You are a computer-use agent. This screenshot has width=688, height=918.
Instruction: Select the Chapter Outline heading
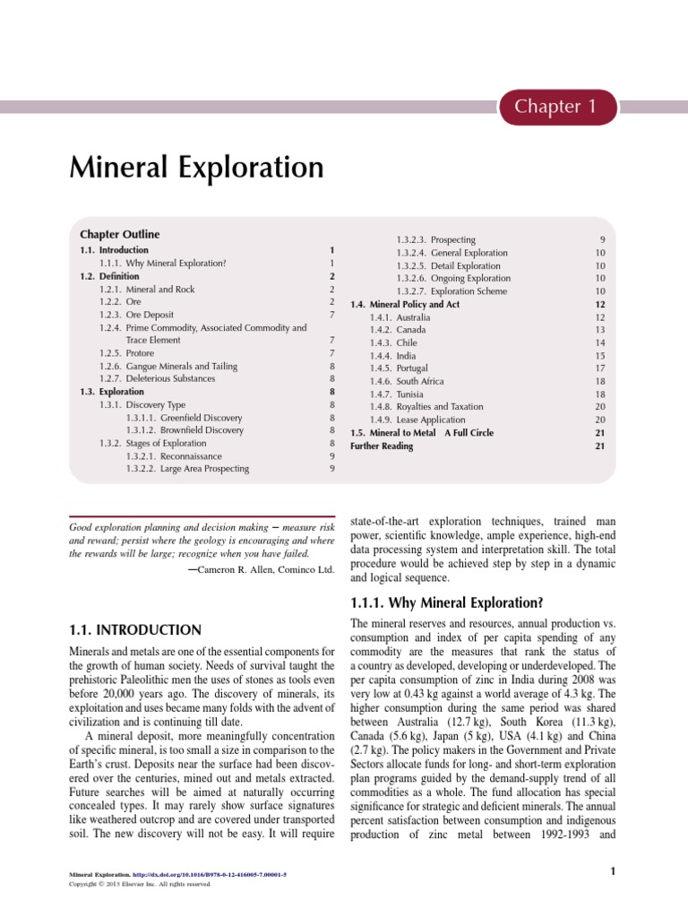pos(120,234)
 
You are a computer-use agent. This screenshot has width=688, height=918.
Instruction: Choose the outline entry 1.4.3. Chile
pos(393,343)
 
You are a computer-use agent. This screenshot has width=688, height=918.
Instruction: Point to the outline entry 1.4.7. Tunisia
pos(397,394)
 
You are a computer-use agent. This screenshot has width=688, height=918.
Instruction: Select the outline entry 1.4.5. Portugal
pos(399,368)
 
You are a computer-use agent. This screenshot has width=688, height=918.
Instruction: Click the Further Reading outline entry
pos(382,446)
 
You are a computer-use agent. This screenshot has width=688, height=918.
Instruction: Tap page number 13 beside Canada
pos(600,330)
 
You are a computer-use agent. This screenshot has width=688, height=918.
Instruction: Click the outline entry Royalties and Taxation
pos(417,407)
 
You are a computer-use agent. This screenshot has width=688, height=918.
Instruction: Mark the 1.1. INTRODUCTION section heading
pos(135,630)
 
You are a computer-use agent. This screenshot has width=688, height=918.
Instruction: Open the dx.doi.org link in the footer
pos(211,873)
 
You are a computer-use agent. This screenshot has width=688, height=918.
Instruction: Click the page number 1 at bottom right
pos(610,871)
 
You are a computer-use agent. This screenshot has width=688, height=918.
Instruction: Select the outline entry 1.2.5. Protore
pos(127,353)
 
